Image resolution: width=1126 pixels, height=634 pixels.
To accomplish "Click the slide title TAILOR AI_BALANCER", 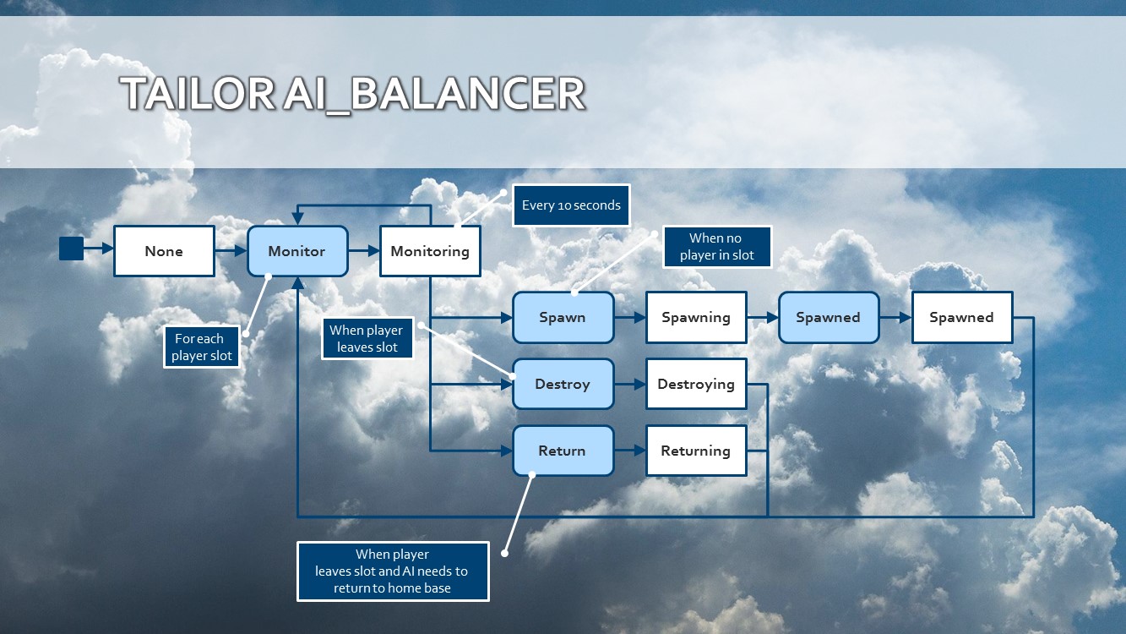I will [351, 94].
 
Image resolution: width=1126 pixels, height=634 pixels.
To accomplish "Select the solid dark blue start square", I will [71, 249].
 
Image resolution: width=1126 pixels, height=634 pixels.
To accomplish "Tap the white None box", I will [164, 251].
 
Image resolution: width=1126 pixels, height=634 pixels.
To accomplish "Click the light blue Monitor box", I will [296, 251].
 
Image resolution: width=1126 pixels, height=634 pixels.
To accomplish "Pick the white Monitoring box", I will [430, 251].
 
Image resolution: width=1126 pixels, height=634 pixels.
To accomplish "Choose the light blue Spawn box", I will [563, 318].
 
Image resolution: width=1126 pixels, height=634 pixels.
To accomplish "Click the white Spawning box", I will [695, 318].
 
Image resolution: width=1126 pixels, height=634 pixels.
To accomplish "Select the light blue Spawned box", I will [828, 318].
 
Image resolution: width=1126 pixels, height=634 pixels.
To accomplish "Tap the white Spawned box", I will [961, 318].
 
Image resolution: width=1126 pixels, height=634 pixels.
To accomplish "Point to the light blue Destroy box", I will [563, 384].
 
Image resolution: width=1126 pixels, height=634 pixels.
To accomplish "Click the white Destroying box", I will [695, 384].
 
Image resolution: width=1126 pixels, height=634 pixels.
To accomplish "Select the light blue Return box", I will [563, 451].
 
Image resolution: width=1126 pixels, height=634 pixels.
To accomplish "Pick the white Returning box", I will [695, 451].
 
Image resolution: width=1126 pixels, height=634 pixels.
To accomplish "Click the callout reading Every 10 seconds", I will [571, 205].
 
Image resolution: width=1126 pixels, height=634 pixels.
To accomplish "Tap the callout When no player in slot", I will [716, 247].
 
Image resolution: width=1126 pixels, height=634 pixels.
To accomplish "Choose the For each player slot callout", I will [201, 347].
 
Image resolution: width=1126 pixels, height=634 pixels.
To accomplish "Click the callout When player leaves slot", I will [367, 338].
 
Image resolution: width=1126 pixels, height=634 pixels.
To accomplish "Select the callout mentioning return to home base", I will [393, 571].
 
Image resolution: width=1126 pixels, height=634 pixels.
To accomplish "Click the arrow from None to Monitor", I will [231, 251].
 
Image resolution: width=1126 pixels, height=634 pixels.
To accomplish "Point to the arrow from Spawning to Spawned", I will [762, 318].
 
